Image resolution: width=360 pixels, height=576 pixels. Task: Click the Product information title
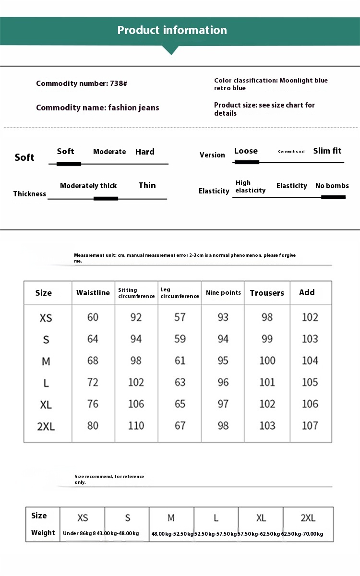(172, 30)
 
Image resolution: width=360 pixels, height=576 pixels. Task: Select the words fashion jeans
(133, 108)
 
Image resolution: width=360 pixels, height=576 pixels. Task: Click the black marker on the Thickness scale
(106, 198)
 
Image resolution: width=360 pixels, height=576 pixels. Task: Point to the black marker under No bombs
(333, 197)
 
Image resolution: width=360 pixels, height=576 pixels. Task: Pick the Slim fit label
(327, 151)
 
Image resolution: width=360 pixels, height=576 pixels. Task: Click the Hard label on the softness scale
(144, 152)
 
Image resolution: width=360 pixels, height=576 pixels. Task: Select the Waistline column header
(93, 293)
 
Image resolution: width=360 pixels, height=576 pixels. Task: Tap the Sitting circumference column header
(136, 293)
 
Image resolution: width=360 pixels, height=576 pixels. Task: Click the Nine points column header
(223, 293)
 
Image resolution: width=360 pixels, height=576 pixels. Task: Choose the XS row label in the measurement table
(46, 318)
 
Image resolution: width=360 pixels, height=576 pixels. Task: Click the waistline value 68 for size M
(93, 360)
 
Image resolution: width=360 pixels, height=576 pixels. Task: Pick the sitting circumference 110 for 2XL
(136, 425)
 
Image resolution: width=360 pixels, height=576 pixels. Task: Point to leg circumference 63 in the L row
(180, 383)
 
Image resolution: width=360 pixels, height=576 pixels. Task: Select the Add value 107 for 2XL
(310, 425)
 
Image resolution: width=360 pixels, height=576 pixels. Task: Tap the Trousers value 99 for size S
(267, 339)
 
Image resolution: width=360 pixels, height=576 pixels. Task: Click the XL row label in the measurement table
(46, 405)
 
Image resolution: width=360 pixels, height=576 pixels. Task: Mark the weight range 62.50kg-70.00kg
(302, 534)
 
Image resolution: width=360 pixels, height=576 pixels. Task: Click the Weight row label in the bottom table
(43, 533)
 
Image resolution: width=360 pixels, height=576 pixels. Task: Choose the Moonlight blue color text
(303, 81)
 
